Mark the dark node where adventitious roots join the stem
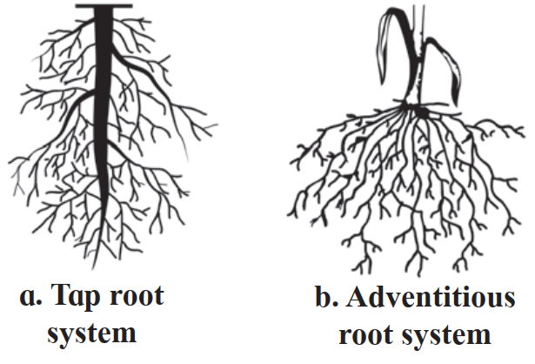[419, 112]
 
